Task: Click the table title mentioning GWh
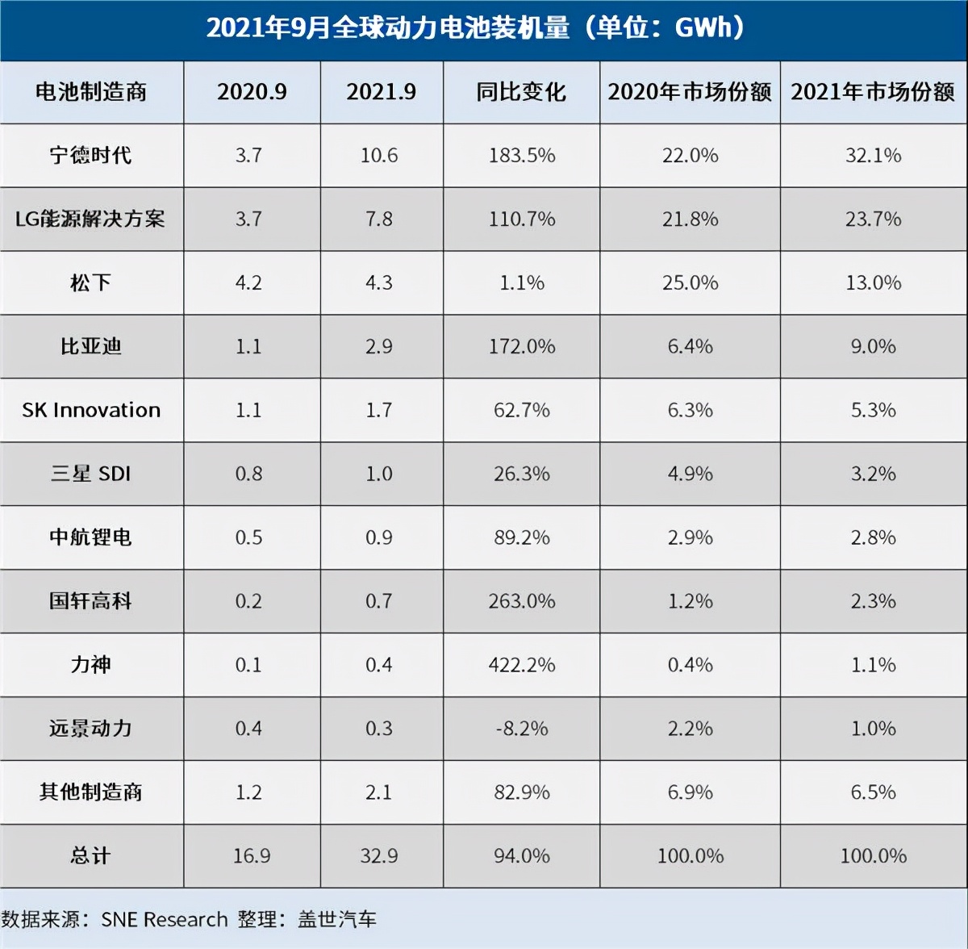coord(476,28)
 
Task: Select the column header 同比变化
coord(521,92)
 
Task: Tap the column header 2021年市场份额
coord(873,92)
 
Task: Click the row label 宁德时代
coord(90,155)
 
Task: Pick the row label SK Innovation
coord(91,410)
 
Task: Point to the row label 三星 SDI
coord(90,474)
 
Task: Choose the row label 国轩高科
coord(90,601)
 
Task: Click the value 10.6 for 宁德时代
coord(379,155)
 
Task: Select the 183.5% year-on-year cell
coord(522,155)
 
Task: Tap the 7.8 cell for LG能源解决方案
coord(379,219)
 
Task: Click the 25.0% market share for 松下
coord(691,282)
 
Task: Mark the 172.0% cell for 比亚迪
coord(522,346)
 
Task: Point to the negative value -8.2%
coord(522,729)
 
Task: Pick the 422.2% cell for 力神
coord(522,665)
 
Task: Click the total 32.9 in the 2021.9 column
coord(379,855)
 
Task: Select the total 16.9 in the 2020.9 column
coord(252,855)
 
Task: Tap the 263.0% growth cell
coord(522,601)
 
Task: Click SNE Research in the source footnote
coord(165,919)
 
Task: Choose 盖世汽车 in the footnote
coord(337,919)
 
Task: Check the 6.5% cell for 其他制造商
coord(873,792)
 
